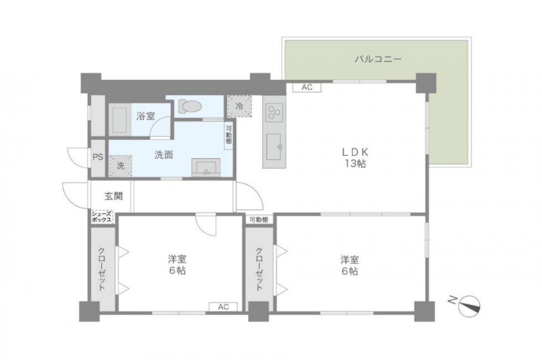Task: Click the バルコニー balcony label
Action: click(x=378, y=59)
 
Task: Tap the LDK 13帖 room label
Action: click(x=355, y=158)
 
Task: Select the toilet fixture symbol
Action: click(x=189, y=106)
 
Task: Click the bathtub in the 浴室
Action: click(x=119, y=119)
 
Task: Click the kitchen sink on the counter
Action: click(x=274, y=147)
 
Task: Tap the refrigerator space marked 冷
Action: click(x=239, y=106)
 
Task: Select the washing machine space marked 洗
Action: click(x=121, y=166)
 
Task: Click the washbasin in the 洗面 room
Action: click(x=206, y=167)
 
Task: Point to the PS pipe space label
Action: click(x=98, y=157)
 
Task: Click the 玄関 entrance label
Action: click(x=114, y=196)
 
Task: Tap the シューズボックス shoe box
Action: click(x=102, y=217)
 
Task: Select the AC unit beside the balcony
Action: click(x=307, y=87)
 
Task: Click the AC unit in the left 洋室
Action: click(x=223, y=307)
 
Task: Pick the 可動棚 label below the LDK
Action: click(x=259, y=220)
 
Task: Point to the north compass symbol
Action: click(x=469, y=306)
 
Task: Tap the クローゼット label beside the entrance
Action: click(x=102, y=269)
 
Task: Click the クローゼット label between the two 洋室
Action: click(x=259, y=269)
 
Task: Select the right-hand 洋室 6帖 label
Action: click(x=350, y=265)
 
